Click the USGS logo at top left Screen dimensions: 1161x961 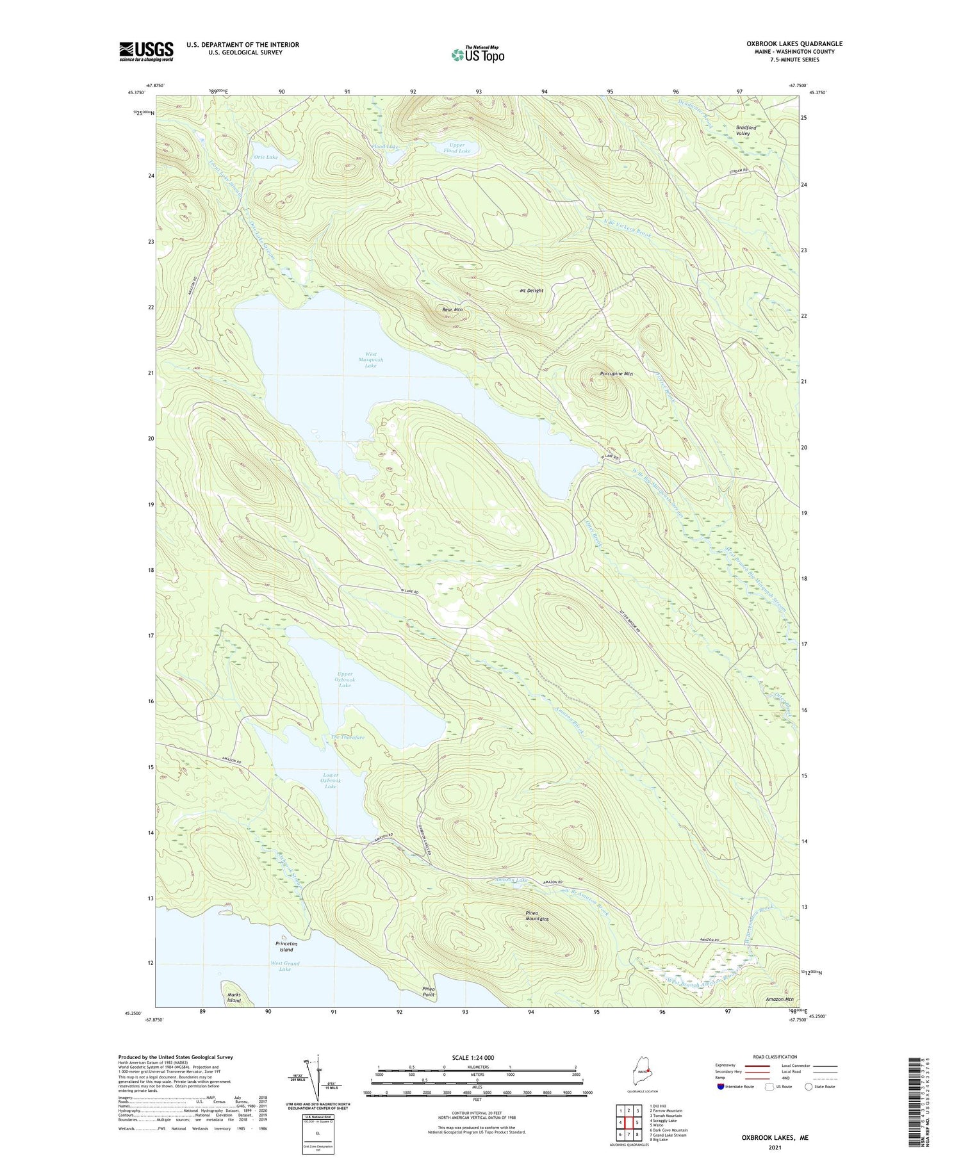tap(146, 51)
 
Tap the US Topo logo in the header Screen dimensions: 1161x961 tap(477, 55)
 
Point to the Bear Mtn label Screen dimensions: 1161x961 tap(452, 310)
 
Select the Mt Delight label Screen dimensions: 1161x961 tap(531, 291)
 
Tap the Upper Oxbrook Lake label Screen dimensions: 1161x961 tap(345, 679)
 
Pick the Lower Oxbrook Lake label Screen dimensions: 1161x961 tap(331, 781)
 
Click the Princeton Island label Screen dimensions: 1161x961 tap(286, 946)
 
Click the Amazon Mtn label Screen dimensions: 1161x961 tap(780, 999)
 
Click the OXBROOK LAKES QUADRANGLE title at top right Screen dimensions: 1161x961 tap(794, 44)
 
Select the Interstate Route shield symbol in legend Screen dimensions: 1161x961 tap(721, 1087)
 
